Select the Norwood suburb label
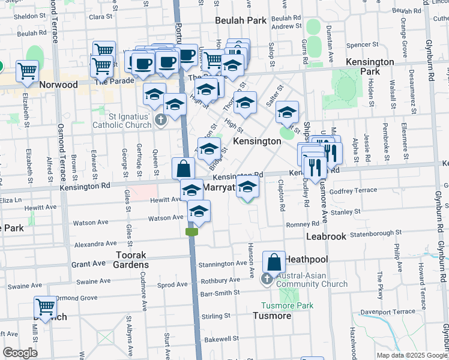point(58,85)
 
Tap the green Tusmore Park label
point(287,305)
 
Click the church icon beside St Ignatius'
point(160,121)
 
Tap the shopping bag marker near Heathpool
point(274,262)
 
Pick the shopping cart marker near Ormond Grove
point(46,307)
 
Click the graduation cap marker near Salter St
point(288,112)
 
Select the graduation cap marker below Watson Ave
point(199,212)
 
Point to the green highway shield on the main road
point(192,232)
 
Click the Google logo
point(20,353)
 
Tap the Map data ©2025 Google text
point(412,355)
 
